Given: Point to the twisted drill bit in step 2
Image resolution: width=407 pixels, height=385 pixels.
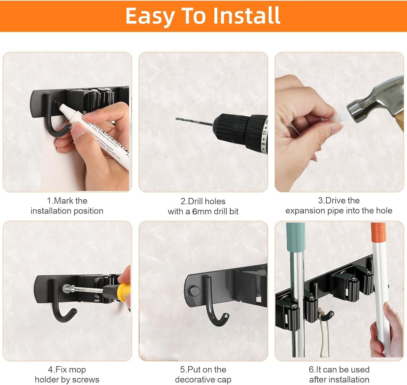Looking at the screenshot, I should click(193, 122).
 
